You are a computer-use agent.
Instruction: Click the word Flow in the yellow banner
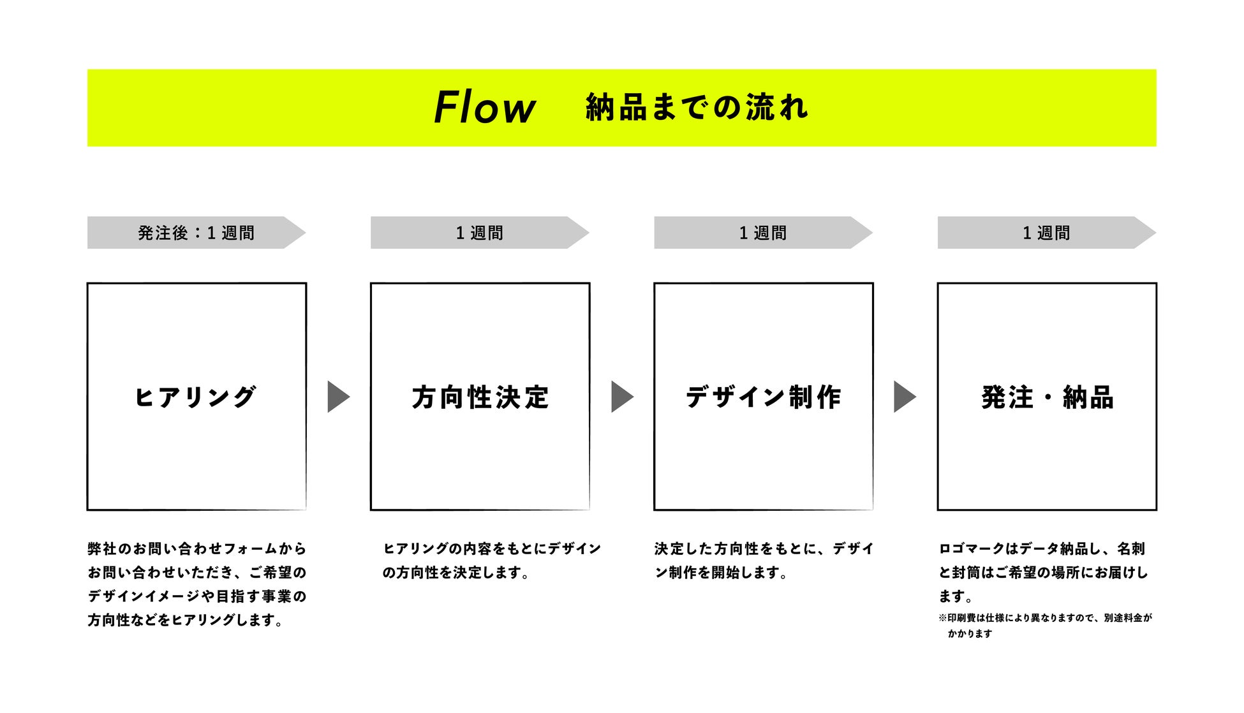point(484,107)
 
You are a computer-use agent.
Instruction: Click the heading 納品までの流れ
point(697,107)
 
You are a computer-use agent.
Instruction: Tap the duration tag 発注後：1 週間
point(196,233)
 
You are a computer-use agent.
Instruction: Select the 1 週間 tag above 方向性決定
point(479,233)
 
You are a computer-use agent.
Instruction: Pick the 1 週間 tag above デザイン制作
point(762,233)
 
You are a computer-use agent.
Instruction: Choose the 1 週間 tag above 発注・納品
point(1046,233)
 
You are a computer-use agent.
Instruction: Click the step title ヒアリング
point(195,397)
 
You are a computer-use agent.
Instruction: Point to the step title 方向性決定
point(480,397)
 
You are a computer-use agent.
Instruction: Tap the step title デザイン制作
point(763,397)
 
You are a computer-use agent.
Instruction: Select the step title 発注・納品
point(1047,397)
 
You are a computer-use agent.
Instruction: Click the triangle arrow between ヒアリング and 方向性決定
point(337,397)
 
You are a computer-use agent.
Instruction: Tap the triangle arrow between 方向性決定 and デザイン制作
point(621,397)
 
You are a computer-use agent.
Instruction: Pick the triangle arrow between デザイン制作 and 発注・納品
point(904,397)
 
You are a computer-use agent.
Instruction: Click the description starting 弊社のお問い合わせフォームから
point(196,548)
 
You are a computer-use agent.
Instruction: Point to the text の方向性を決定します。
point(455,573)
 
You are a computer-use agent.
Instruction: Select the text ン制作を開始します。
point(721,573)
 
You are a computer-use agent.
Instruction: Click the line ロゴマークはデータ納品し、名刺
point(1041,548)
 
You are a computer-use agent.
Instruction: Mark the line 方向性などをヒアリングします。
point(185,620)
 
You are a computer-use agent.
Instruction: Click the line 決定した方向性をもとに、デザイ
point(764,548)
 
